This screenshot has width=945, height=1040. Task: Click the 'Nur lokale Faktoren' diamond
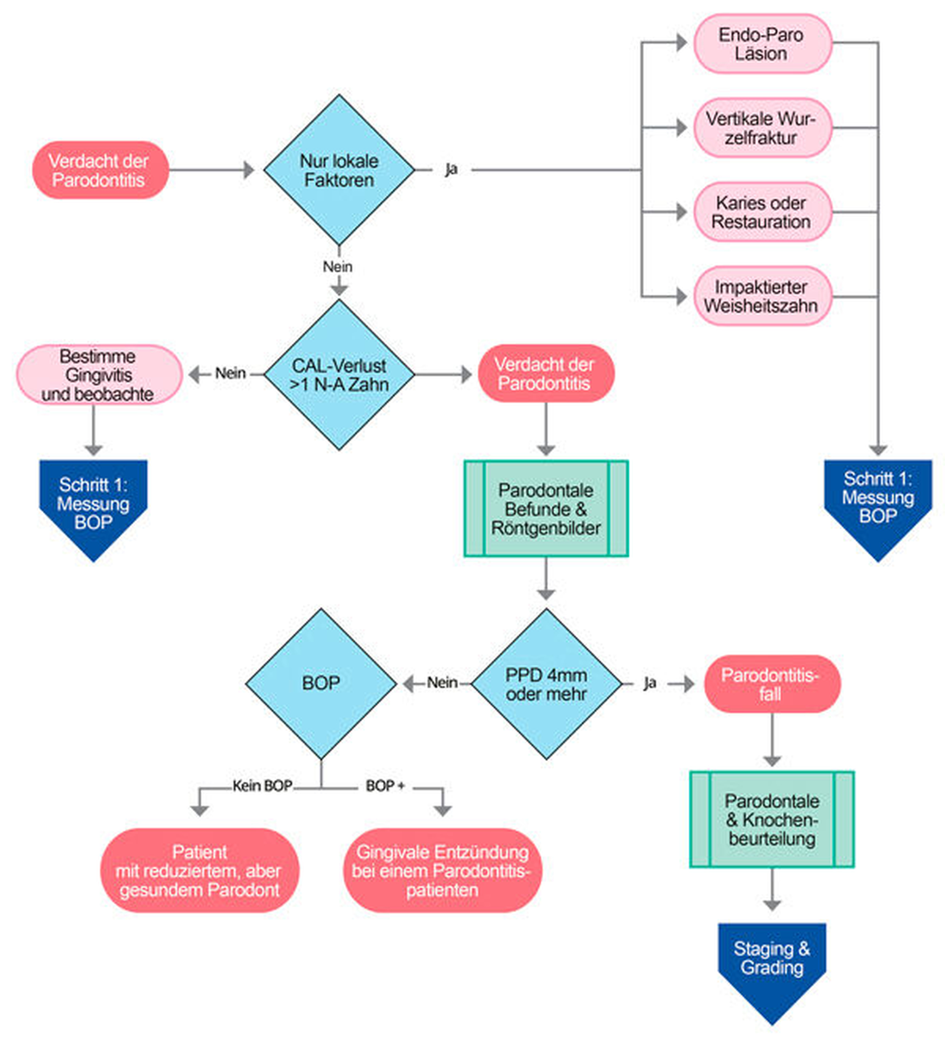[x=339, y=170]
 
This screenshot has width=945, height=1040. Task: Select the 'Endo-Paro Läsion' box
[x=761, y=44]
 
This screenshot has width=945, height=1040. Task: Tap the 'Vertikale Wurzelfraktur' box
[x=761, y=128]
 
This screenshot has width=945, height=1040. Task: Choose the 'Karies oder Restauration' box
[x=761, y=212]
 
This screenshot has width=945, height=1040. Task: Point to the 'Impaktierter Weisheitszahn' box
[x=761, y=296]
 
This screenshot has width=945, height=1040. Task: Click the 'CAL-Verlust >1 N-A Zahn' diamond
[x=339, y=375]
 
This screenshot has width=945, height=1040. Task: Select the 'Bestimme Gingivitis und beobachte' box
[x=98, y=375]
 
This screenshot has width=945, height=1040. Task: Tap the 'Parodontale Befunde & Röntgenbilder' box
[x=546, y=509]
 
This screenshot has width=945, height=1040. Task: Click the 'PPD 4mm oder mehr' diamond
[x=546, y=684]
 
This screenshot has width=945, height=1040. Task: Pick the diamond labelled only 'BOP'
[x=321, y=684]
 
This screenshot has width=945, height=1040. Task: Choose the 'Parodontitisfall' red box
[x=771, y=684]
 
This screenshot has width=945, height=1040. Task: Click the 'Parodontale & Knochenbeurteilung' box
[x=771, y=819]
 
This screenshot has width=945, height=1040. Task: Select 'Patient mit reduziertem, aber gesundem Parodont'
[x=199, y=871]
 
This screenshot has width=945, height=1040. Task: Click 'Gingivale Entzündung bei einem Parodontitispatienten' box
[x=442, y=871]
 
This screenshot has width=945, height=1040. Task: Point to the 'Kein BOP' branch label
[x=263, y=786]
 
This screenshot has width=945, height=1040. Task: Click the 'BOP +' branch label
[x=385, y=786]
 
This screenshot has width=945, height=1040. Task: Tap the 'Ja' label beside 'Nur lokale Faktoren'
[x=451, y=169]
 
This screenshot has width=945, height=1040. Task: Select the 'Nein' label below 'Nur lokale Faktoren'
[x=338, y=267]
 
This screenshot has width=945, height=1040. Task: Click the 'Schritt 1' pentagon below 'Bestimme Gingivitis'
[x=94, y=503]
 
